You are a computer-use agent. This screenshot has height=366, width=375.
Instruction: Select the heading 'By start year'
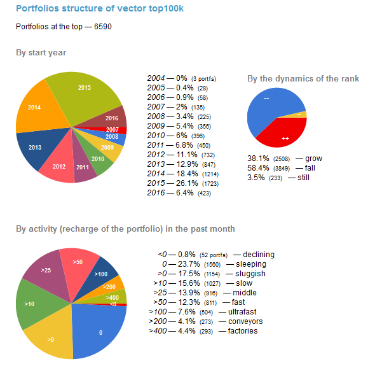pyautogui.click(x=41, y=53)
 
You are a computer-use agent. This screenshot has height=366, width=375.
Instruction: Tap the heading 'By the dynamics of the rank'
pyautogui.click(x=303, y=78)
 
